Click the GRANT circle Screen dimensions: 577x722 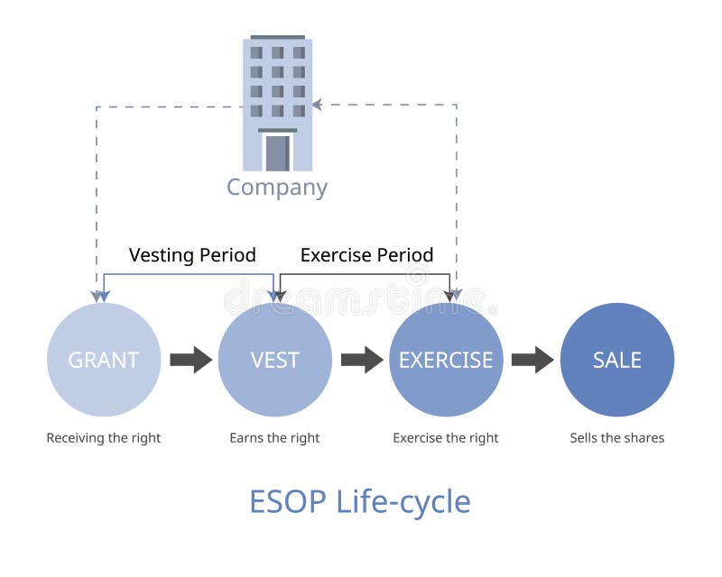click(104, 360)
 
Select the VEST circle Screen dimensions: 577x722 click(275, 360)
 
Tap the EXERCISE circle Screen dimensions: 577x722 click(446, 360)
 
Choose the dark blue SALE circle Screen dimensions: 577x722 click(617, 360)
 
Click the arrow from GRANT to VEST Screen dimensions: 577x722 click(190, 360)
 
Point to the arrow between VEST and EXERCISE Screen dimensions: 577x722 click(361, 360)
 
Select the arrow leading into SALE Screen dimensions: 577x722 click(532, 360)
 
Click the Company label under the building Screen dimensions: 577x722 click(276, 188)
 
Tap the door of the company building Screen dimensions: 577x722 click(277, 152)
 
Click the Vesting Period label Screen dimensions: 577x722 click(192, 255)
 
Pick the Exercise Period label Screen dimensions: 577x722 click(366, 255)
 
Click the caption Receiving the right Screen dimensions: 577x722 click(104, 438)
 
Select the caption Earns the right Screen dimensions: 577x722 click(274, 438)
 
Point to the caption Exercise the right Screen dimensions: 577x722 click(446, 438)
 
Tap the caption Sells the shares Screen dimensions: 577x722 click(617, 438)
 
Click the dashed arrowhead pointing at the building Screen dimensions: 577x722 click(318, 105)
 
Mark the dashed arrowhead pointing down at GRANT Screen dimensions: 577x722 click(97, 295)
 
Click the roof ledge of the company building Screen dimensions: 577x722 click(277, 37)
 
